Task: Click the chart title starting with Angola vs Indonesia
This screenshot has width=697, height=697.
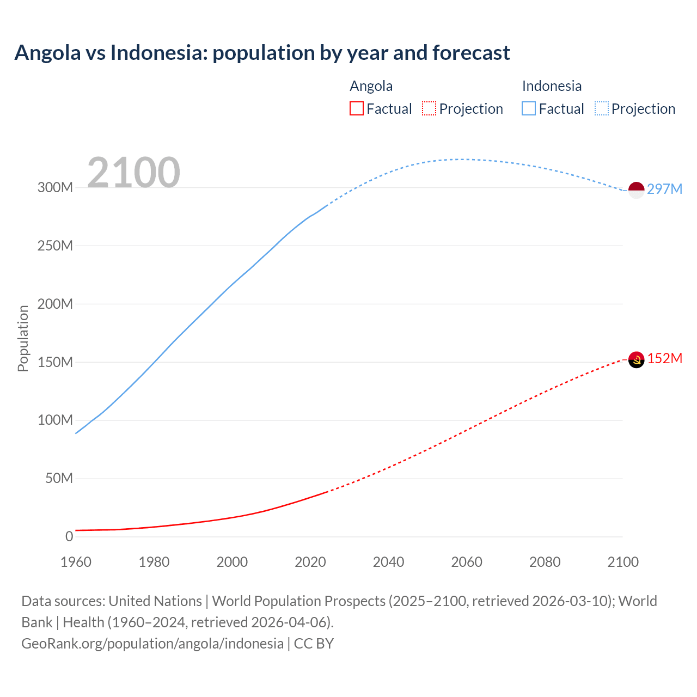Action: click(x=262, y=53)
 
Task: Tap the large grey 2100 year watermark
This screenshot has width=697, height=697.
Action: click(x=133, y=173)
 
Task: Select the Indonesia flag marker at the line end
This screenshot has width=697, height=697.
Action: click(x=636, y=190)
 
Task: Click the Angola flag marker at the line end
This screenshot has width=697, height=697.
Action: click(x=636, y=360)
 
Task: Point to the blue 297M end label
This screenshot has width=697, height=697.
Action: click(x=664, y=189)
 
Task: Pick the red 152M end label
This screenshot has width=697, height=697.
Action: click(x=664, y=358)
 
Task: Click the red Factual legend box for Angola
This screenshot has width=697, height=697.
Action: click(x=356, y=108)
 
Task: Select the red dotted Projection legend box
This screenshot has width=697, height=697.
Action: click(x=429, y=108)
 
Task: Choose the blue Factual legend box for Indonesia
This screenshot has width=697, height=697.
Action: click(x=529, y=108)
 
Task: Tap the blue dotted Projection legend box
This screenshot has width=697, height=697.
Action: click(x=602, y=108)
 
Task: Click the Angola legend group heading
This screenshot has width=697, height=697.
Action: click(x=371, y=86)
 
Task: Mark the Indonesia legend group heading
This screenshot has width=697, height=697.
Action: click(x=552, y=86)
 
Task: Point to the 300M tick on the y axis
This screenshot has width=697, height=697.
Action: click(x=55, y=187)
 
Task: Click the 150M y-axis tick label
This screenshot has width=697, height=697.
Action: click(x=55, y=362)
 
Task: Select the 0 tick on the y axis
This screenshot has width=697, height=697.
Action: click(x=69, y=536)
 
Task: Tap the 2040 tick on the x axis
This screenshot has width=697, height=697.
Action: click(x=388, y=562)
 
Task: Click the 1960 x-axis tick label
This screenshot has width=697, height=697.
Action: click(x=76, y=562)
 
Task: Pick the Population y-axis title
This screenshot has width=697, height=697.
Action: click(x=23, y=338)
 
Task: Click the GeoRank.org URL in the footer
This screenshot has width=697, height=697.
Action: click(x=152, y=643)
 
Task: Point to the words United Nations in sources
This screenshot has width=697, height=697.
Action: click(x=155, y=601)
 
